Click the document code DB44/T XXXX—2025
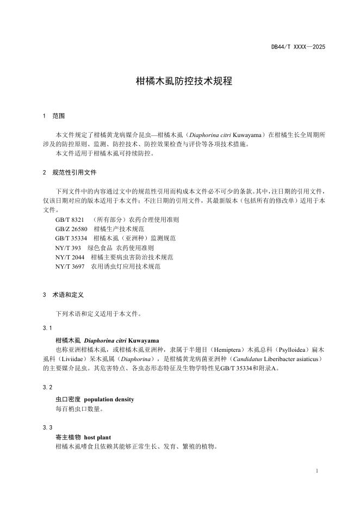298,47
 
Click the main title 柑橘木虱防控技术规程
184,81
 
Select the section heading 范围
59,116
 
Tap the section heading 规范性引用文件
75,172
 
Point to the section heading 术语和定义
67,295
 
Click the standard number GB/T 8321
70,220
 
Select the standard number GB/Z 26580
71,229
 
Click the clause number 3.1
47,328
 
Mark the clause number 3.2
47,387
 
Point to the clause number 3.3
47,427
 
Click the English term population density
109,399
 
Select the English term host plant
98,437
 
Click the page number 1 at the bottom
317,470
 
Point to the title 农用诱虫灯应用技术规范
126,266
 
